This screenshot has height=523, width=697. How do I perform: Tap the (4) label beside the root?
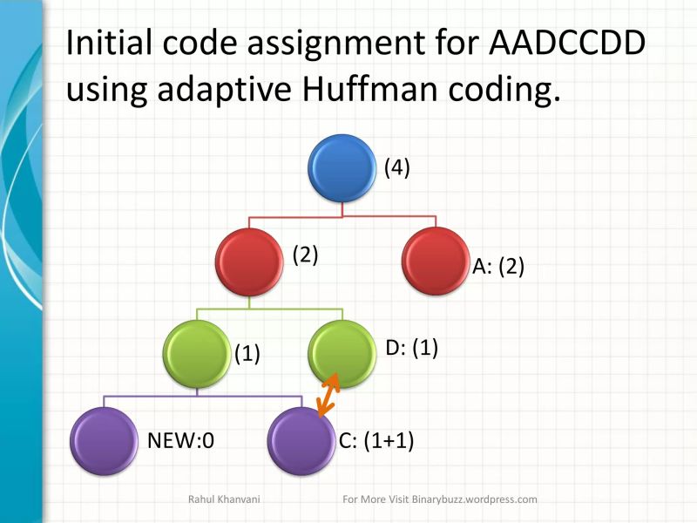(397, 168)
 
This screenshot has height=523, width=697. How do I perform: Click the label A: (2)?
(498, 267)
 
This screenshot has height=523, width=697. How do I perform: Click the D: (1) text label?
(410, 349)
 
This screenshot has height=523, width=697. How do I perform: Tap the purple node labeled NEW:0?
(104, 441)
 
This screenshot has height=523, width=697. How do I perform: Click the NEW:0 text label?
(180, 441)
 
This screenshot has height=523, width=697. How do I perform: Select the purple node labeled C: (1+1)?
(301, 441)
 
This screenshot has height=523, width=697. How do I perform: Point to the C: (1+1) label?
(376, 441)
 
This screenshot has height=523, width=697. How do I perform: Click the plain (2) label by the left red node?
(305, 255)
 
